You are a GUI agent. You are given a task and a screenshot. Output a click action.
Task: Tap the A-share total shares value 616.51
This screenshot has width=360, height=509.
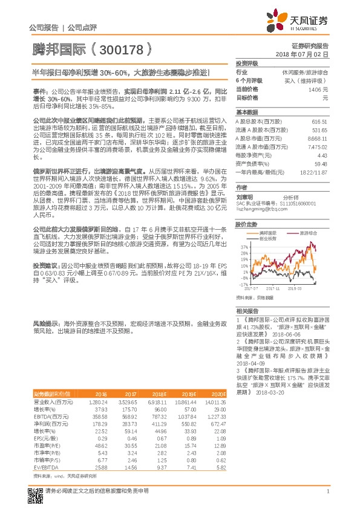(x=319, y=121)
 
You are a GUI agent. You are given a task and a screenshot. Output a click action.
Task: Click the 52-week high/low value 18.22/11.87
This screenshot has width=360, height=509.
(x=315, y=172)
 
